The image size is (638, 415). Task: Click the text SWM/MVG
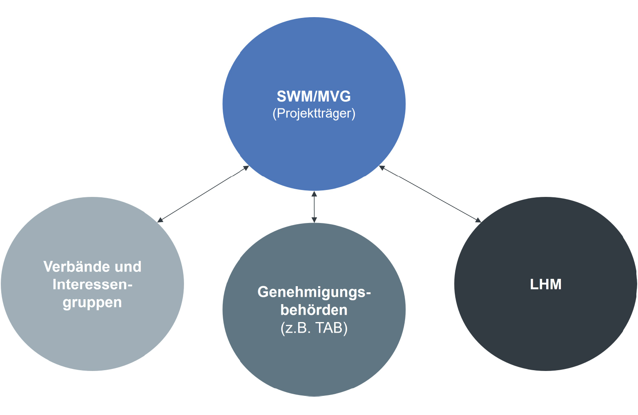pyautogui.click(x=314, y=96)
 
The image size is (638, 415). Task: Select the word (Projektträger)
pyautogui.click(x=314, y=113)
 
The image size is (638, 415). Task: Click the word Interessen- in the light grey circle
pyautogui.click(x=93, y=284)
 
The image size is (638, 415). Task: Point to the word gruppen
pyautogui.click(x=93, y=303)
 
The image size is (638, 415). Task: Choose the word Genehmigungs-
pyautogui.click(x=314, y=292)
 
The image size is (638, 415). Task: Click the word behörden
pyautogui.click(x=314, y=310)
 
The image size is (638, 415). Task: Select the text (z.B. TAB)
pyautogui.click(x=314, y=328)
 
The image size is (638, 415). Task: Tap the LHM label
pyautogui.click(x=545, y=284)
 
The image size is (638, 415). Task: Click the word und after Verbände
pyautogui.click(x=128, y=267)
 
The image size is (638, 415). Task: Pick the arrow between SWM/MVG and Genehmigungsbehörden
pyautogui.click(x=314, y=207)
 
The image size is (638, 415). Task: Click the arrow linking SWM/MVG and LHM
pyautogui.click(x=430, y=194)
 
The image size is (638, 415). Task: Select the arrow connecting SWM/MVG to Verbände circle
pyautogui.click(x=203, y=194)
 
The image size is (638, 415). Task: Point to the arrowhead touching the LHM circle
pyautogui.click(x=478, y=220)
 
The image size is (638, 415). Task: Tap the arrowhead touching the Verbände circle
pyautogui.click(x=160, y=220)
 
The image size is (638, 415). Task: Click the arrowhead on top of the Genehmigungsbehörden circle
pyautogui.click(x=314, y=220)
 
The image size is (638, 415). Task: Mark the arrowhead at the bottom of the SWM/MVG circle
pyautogui.click(x=314, y=194)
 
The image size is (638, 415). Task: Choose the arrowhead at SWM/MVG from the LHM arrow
pyautogui.click(x=382, y=168)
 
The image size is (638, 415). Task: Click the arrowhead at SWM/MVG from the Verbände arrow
pyautogui.click(x=246, y=168)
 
